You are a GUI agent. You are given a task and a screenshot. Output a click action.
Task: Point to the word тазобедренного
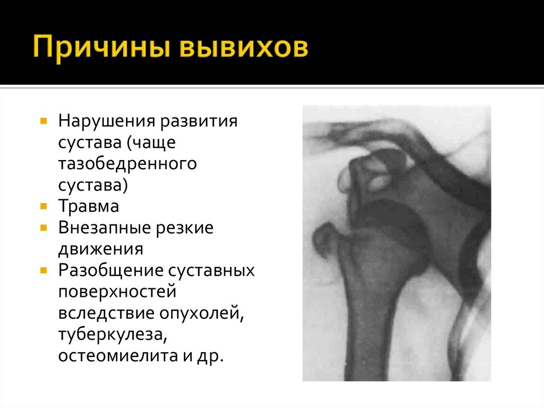pyautogui.click(x=127, y=163)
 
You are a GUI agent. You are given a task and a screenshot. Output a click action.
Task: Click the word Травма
pyautogui.click(x=89, y=206)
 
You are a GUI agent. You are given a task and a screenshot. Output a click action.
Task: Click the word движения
pyautogui.click(x=101, y=248)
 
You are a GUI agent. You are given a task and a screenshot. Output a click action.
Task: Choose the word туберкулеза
pyautogui.click(x=111, y=334)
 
